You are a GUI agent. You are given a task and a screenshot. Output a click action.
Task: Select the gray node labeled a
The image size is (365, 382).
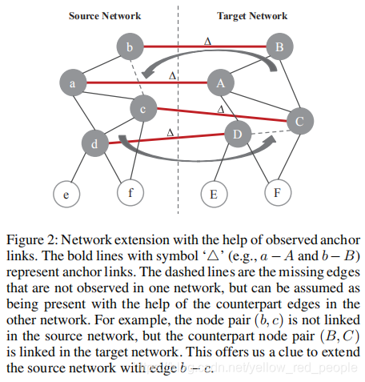click(x=72, y=82)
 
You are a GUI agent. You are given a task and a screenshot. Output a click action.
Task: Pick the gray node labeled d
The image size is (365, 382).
click(x=95, y=143)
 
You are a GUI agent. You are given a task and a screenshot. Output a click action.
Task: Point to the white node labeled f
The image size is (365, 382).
click(x=130, y=192)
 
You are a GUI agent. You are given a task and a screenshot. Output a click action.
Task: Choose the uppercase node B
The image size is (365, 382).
click(x=279, y=48)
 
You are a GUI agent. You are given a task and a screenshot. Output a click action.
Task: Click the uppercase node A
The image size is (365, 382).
click(x=220, y=82)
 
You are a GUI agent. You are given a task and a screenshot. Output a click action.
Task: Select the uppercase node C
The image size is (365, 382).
click(x=299, y=122)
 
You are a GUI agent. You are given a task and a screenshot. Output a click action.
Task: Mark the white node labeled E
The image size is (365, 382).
click(x=214, y=193)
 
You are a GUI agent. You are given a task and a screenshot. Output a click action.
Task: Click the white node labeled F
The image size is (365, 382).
click(x=277, y=193)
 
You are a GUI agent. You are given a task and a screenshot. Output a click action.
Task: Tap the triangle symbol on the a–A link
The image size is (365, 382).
click(x=171, y=74)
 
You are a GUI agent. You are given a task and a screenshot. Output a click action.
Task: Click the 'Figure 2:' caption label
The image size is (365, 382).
click(x=30, y=240)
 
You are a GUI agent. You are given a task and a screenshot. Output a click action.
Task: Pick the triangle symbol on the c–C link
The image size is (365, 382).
click(x=221, y=108)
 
